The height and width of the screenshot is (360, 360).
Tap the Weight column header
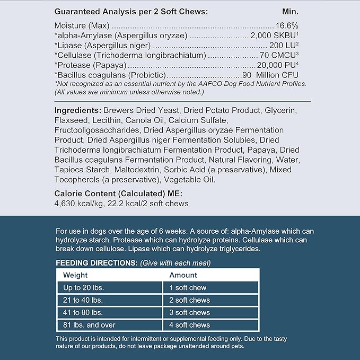75,275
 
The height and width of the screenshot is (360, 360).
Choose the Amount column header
183,275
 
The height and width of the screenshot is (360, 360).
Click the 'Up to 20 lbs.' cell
83,288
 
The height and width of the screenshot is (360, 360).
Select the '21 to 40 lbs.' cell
84,300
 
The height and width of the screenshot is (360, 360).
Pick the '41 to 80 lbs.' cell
83,312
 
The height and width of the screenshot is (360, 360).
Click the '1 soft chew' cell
188,288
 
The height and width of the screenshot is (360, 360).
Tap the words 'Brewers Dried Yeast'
142,110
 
